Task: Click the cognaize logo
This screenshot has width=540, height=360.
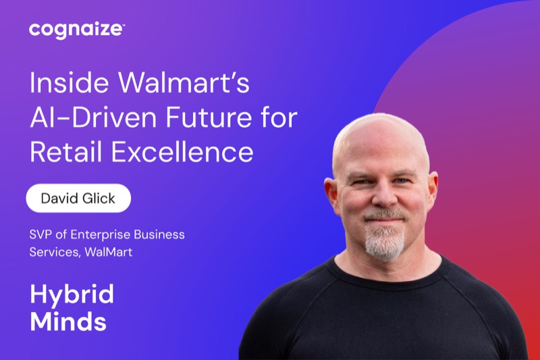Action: click(77, 30)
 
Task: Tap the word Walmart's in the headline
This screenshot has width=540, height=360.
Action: click(184, 82)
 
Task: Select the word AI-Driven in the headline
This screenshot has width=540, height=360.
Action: click(93, 118)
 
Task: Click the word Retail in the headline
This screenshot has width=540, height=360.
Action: click(65, 152)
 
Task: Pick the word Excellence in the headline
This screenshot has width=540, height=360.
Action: click(182, 152)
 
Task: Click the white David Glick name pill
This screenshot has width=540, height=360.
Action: click(78, 198)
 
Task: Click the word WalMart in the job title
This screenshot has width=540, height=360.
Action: click(108, 252)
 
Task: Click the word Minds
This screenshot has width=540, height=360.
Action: click(68, 322)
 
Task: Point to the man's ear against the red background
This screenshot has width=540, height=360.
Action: click(433, 190)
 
